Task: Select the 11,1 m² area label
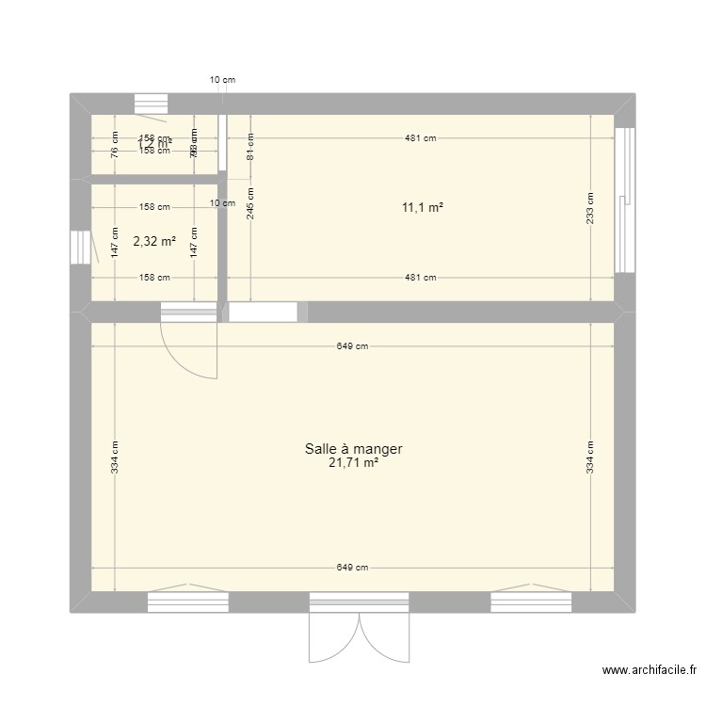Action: pyautogui.click(x=421, y=208)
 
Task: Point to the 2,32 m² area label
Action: pyautogui.click(x=154, y=241)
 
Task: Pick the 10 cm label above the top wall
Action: pyautogui.click(x=222, y=80)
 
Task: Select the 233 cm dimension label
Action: pyautogui.click(x=590, y=208)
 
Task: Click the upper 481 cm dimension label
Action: pyautogui.click(x=421, y=138)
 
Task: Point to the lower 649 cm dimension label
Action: pyautogui.click(x=353, y=568)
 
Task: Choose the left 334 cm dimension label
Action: pyautogui.click(x=114, y=457)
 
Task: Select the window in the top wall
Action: pyautogui.click(x=151, y=104)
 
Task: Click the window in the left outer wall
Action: pyautogui.click(x=80, y=248)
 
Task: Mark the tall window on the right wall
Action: pyautogui.click(x=623, y=199)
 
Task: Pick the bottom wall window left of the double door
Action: pyautogui.click(x=188, y=602)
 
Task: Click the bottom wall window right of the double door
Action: pyautogui.click(x=530, y=602)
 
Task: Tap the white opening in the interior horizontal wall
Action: pyautogui.click(x=264, y=313)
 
